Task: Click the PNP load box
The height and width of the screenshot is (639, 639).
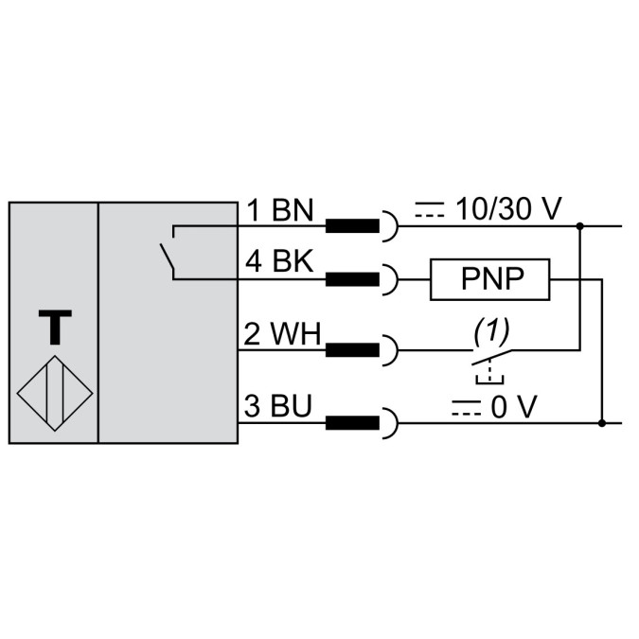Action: coord(491,279)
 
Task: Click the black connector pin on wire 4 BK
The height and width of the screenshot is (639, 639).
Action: coord(352,279)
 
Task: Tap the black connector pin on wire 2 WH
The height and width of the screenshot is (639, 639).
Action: coord(352,350)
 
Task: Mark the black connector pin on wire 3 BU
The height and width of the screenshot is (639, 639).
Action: coord(352,422)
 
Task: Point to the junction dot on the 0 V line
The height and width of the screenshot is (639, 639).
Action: coord(603,422)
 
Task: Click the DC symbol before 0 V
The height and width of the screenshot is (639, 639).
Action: coord(463,408)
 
